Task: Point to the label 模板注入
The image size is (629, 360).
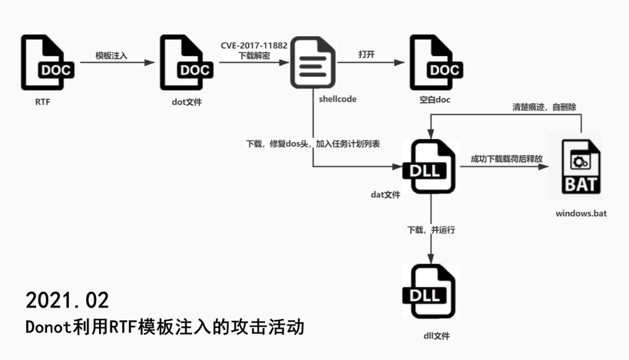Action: click(112, 57)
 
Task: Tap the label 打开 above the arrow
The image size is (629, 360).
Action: click(366, 55)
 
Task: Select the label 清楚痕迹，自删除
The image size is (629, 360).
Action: click(544, 107)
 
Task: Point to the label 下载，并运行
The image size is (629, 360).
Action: click(431, 230)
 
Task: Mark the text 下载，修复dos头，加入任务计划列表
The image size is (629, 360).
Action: click(313, 143)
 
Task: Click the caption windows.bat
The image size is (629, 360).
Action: click(581, 213)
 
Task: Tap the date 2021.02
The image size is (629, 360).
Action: click(67, 301)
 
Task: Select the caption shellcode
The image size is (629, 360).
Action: click(338, 99)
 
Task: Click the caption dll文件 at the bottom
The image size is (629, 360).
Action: click(436, 336)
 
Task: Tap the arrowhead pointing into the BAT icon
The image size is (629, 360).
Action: click(546, 167)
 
